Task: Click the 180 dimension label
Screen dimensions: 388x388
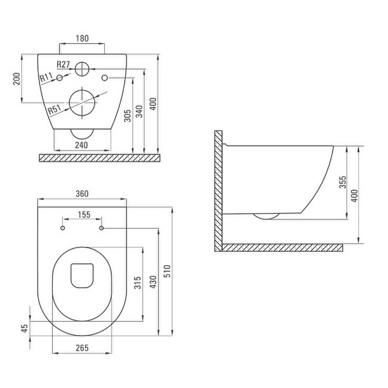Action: point(82,38)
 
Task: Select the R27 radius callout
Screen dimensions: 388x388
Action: point(63,64)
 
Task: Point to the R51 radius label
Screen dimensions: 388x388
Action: point(54,109)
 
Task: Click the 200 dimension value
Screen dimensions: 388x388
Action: point(17,79)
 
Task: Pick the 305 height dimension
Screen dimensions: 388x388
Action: point(127,116)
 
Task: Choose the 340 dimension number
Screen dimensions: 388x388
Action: point(140,111)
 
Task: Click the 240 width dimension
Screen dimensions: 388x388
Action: point(81,145)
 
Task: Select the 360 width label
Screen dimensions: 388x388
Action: point(82,194)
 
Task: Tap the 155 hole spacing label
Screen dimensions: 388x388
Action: point(84,215)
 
